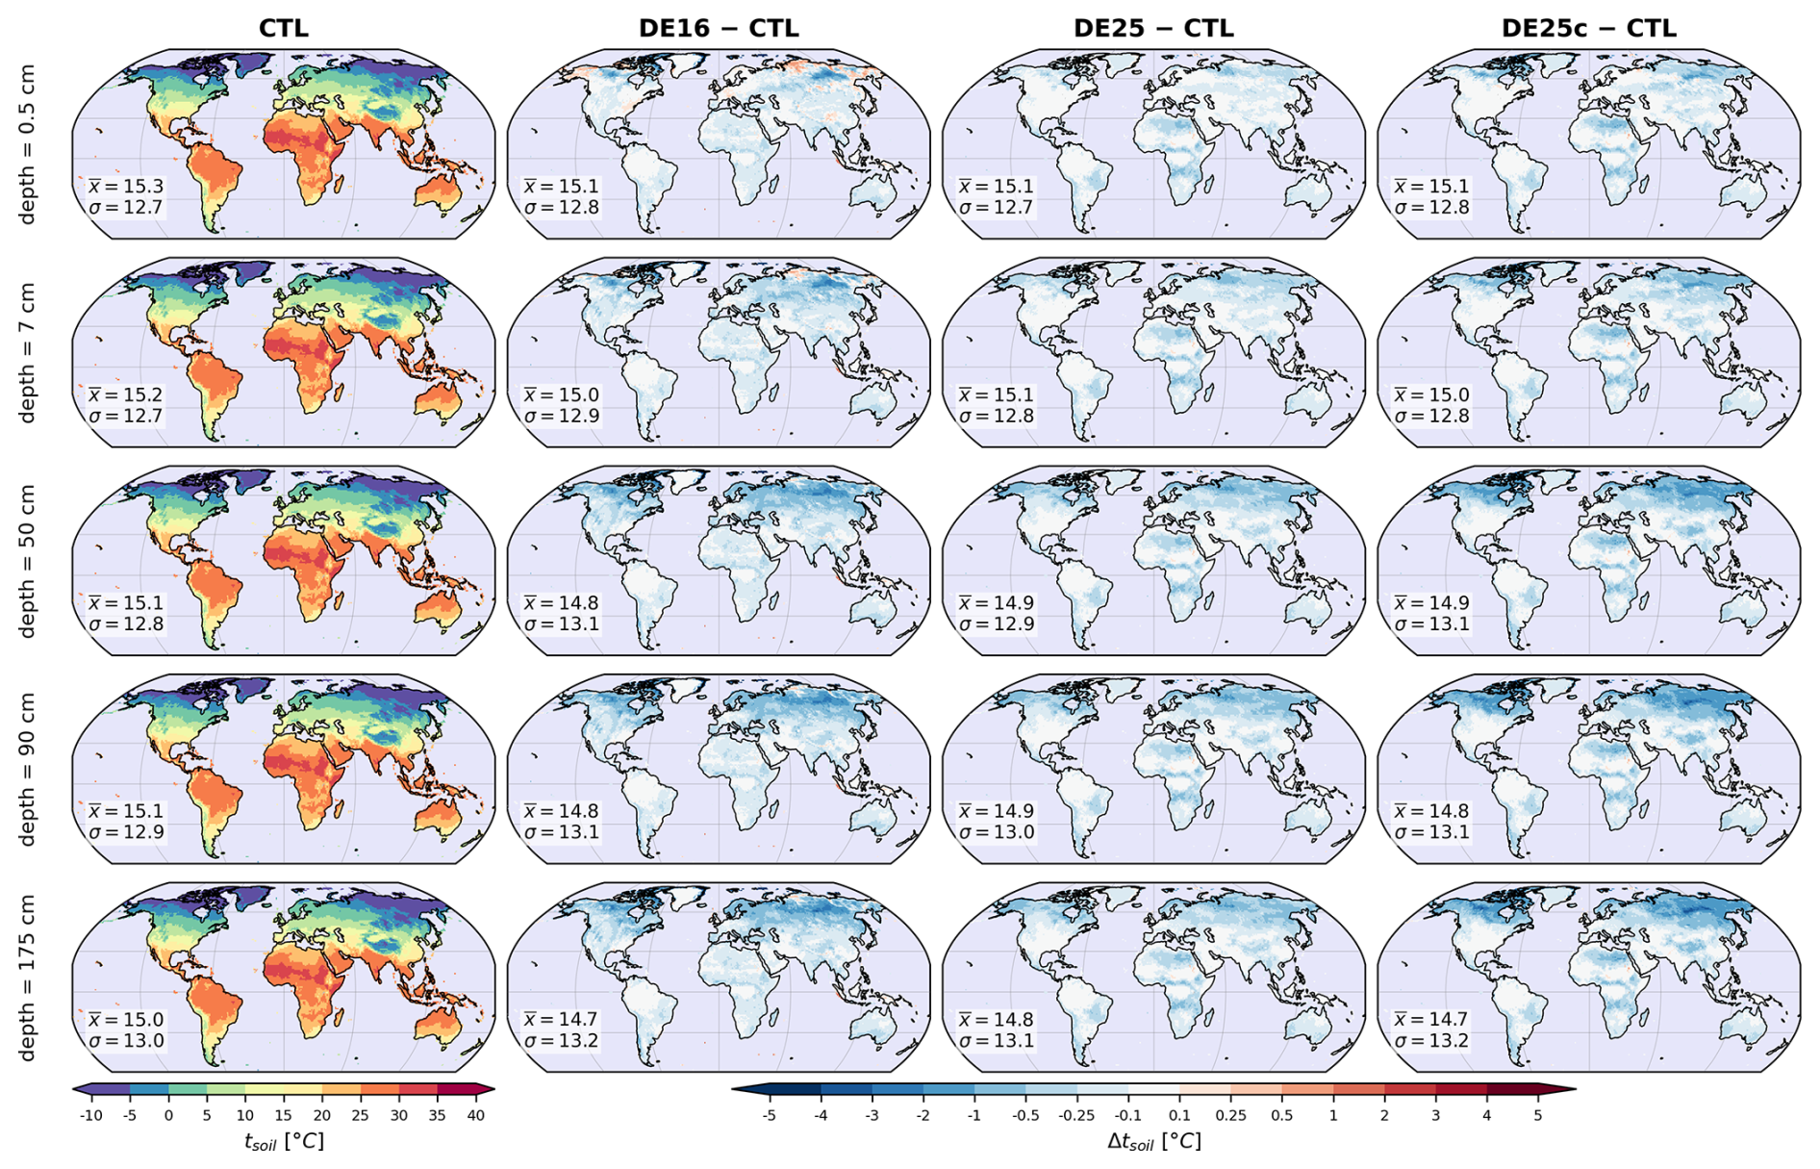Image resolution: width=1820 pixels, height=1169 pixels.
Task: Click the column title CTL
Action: [284, 29]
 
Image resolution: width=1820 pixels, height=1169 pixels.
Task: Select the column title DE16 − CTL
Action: [719, 29]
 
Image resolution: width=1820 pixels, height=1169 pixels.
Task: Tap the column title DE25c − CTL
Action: [1588, 29]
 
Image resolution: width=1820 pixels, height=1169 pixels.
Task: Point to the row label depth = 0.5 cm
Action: [27, 144]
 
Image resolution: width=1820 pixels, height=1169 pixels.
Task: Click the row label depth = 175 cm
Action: [27, 978]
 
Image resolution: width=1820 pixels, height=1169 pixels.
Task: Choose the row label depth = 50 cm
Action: [27, 561]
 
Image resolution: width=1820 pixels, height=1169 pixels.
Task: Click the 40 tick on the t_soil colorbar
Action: [475, 1116]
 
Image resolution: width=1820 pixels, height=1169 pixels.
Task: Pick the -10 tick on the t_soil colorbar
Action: [90, 1116]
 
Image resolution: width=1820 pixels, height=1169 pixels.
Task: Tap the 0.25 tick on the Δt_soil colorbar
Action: [1230, 1116]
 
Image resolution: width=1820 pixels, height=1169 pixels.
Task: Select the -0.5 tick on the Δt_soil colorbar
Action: [1025, 1116]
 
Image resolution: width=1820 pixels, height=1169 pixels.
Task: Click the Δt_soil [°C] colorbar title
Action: [1153, 1142]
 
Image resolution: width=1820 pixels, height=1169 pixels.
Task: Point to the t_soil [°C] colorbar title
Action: [284, 1142]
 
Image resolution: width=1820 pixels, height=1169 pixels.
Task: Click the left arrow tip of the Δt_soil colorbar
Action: [732, 1089]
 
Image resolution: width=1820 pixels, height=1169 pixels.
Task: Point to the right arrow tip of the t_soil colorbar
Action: [494, 1089]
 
